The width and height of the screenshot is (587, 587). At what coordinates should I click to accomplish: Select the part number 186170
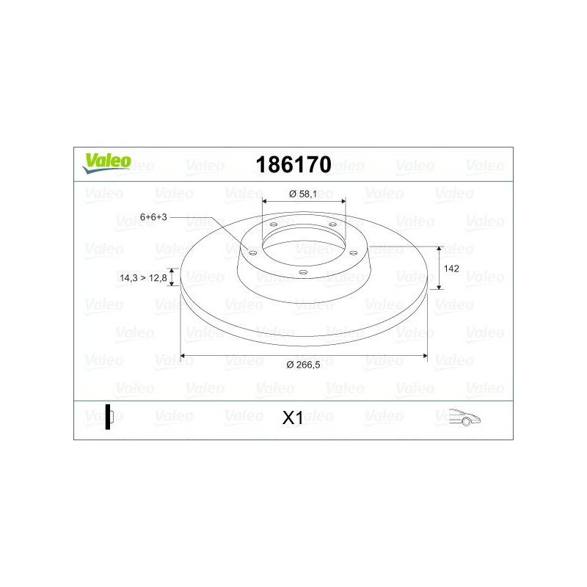click(293, 164)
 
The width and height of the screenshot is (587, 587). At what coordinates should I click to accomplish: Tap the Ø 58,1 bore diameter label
click(302, 194)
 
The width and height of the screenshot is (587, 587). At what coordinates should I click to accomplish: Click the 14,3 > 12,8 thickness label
click(141, 278)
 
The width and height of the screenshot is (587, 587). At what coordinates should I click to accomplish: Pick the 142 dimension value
click(452, 269)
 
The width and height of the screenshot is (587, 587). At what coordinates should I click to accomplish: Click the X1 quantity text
click(293, 418)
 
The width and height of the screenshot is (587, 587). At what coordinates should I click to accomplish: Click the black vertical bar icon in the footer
click(108, 416)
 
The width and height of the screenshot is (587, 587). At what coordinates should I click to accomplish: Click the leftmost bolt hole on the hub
click(253, 252)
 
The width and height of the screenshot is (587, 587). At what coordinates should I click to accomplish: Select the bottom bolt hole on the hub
click(302, 271)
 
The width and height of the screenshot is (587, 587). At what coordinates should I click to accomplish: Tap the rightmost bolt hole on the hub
click(353, 252)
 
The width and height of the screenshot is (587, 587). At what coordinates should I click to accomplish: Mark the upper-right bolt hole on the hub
click(332, 225)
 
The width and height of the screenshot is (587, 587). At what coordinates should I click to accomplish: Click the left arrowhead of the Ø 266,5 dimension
click(183, 356)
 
